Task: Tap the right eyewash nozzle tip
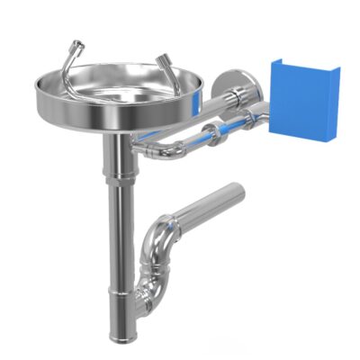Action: pyautogui.click(x=163, y=60)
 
